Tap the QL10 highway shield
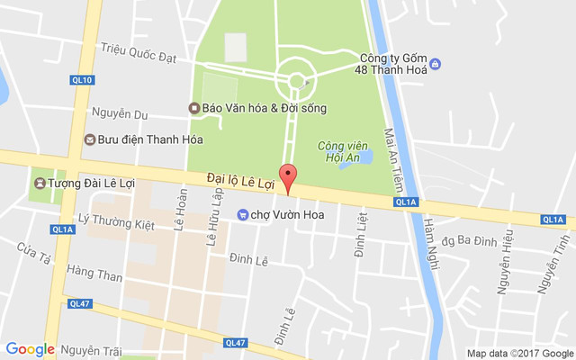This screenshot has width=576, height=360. click(81, 80)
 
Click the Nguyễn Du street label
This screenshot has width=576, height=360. click(119, 114)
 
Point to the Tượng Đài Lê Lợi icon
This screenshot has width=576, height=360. click(40, 184)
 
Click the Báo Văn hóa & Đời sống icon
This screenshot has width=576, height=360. click(193, 108)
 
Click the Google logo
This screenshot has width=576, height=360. click(31, 349)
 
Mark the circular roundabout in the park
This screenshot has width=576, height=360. click(295, 79)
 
